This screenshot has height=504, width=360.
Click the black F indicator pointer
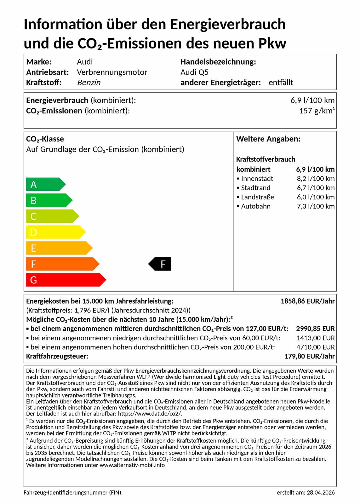click(x=160, y=264)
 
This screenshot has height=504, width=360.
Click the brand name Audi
click(x=85, y=62)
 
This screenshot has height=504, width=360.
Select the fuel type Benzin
click(x=89, y=83)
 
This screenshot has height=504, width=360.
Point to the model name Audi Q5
click(x=194, y=72)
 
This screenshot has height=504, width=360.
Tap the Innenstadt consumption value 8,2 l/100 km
click(x=316, y=179)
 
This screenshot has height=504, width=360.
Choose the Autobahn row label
click(x=255, y=206)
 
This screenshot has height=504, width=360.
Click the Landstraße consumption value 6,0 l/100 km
click(x=316, y=197)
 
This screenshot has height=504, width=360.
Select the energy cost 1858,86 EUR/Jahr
click(x=307, y=301)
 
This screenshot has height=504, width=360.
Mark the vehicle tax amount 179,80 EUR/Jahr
click(x=309, y=356)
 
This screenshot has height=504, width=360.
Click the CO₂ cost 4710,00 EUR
click(x=316, y=347)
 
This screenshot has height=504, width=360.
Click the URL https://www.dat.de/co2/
click(x=150, y=414)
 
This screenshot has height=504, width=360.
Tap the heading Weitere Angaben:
click(x=268, y=139)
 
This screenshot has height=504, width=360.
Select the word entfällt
click(x=281, y=83)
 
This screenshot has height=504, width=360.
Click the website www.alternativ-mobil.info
click(x=132, y=465)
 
